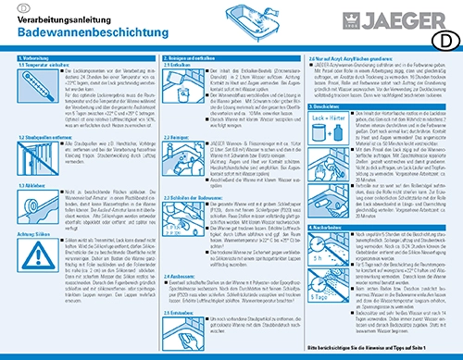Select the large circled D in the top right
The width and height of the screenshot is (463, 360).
click(446, 41)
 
